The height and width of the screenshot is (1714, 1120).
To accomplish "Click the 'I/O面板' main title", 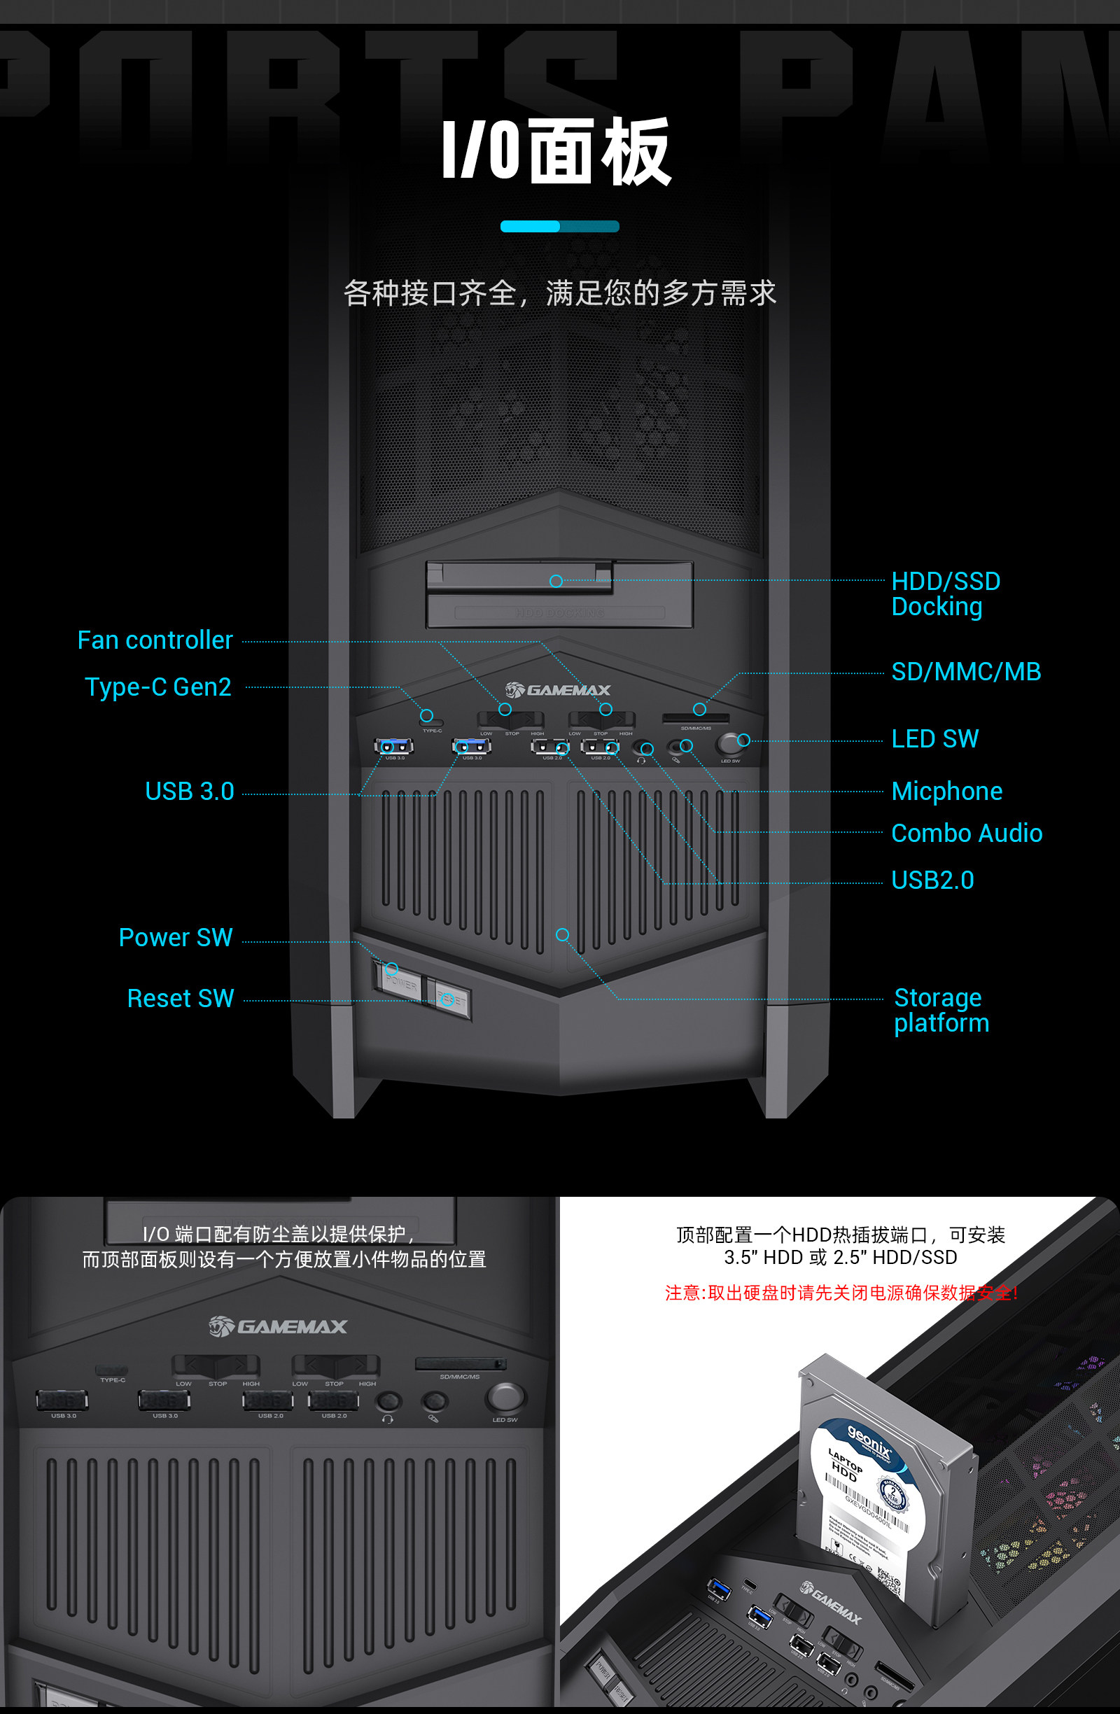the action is (x=556, y=150).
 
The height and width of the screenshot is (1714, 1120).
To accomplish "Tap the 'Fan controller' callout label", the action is (x=155, y=640).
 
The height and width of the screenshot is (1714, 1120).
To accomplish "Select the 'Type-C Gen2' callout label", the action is (x=158, y=687).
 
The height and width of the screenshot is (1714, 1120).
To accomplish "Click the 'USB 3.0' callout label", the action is (x=190, y=792).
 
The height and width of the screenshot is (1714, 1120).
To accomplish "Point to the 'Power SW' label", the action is (x=176, y=938).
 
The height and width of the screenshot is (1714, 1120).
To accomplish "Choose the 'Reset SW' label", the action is (x=181, y=999).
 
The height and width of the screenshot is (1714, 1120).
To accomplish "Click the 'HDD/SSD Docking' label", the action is (x=945, y=594).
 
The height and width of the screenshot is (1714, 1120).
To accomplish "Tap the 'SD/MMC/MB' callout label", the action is (x=966, y=672).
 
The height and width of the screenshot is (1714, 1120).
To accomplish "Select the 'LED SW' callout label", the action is (x=935, y=739).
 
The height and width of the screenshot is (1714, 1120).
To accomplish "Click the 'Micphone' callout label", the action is (x=946, y=792).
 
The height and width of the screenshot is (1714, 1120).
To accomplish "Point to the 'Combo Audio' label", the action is (x=967, y=834).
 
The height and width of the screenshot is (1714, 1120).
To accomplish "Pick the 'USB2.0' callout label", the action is (x=932, y=880).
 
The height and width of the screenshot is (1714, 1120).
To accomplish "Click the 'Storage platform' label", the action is (x=941, y=1011).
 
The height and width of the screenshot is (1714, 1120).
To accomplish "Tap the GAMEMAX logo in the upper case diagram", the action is (x=557, y=691).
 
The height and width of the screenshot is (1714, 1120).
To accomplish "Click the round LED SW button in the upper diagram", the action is (x=730, y=743).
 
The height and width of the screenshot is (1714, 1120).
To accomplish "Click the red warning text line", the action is (x=841, y=1293).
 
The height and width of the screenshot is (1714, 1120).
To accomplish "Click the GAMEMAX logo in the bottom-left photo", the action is (x=278, y=1326).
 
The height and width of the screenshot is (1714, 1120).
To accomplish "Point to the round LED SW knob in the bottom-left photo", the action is (x=505, y=1398).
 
